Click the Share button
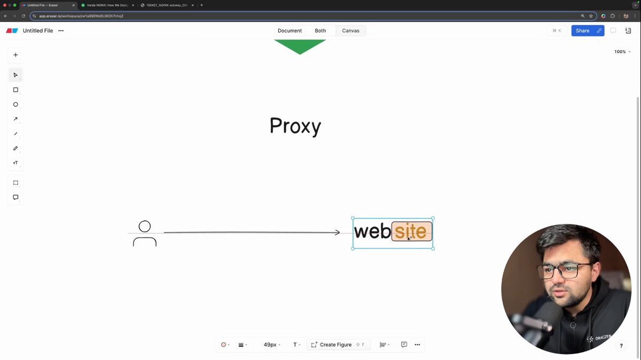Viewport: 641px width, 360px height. coord(582,31)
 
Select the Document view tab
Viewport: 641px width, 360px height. coord(290,31)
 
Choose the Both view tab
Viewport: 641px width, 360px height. coord(320,31)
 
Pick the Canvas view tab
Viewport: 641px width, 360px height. coord(350,31)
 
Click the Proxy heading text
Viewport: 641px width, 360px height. coord(295,126)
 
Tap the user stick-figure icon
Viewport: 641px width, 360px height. coord(145,233)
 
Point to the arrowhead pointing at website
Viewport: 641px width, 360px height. coord(337,232)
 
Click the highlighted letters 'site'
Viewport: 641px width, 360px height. coord(411,232)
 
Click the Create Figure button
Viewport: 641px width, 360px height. coord(335,345)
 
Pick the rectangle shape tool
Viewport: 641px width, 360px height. coord(15,90)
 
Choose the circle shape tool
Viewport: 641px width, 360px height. coord(15,105)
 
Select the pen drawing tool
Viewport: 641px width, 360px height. coord(15,148)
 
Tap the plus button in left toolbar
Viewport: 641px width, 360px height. coord(15,55)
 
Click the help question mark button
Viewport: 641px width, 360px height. coord(621,346)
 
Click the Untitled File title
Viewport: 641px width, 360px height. coord(38,31)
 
